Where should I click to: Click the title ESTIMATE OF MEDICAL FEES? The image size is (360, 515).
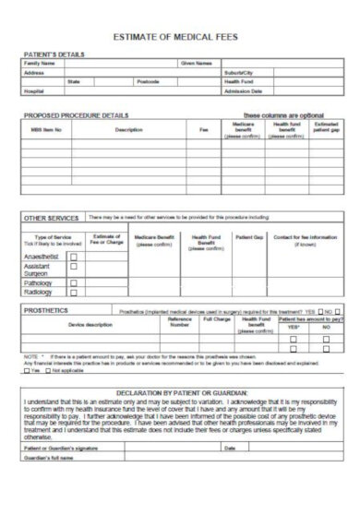pyautogui.click(x=180, y=37)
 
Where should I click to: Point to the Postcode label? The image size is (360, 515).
pyautogui.click(x=148, y=81)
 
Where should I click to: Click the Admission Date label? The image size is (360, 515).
pyautogui.click(x=244, y=91)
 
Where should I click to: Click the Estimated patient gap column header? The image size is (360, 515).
pyautogui.click(x=326, y=128)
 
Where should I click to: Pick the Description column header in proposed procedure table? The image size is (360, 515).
pyautogui.click(x=128, y=129)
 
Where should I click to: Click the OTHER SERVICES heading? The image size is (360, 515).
pyautogui.click(x=51, y=218)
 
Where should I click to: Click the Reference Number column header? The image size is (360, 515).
pyautogui.click(x=180, y=323)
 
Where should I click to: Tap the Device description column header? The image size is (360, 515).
pyautogui.click(x=90, y=324)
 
